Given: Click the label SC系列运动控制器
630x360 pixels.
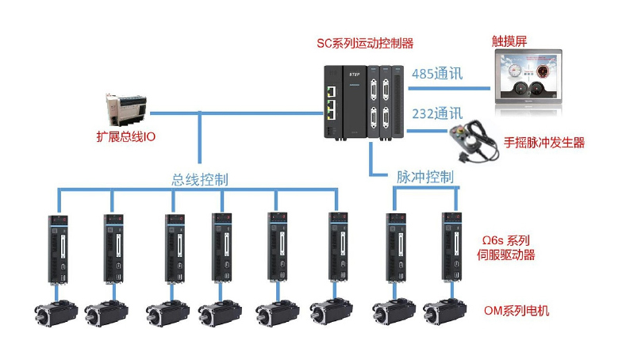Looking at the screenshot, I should pos(365,43).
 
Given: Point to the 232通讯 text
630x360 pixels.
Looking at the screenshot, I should pos(437,113).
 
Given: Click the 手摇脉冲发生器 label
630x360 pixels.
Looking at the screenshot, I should pos(544,143).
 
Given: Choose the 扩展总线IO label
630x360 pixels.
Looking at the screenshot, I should pos(125,137).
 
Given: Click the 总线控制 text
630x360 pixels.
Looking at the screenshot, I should pos(200,179).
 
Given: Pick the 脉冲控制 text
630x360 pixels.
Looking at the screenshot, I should pos(424,176).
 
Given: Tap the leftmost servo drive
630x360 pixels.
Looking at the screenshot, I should pos(59,249).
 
